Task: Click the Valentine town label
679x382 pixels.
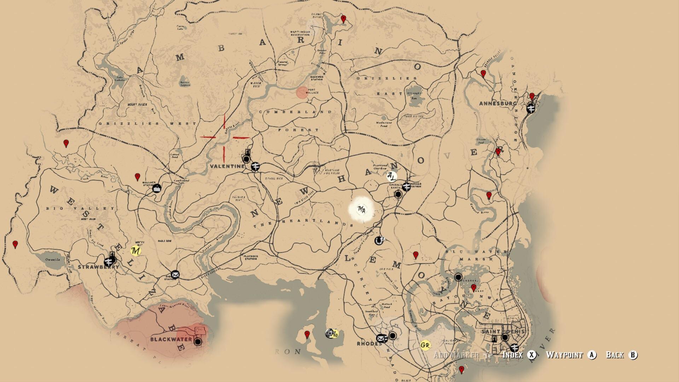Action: [x=227, y=166]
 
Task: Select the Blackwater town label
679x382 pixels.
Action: [x=171, y=340]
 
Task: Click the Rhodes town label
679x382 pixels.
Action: [x=369, y=344]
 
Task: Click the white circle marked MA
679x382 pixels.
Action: [x=361, y=210]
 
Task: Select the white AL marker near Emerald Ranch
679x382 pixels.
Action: [x=391, y=176]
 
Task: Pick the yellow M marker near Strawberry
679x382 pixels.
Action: [x=135, y=251]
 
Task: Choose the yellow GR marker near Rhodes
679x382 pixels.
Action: [x=425, y=345]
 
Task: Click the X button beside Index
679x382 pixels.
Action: [x=532, y=355]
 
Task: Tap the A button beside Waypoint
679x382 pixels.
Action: [x=592, y=355]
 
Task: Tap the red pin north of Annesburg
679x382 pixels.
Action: [x=532, y=96]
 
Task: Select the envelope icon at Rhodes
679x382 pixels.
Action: [x=381, y=338]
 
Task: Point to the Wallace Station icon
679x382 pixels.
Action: [x=157, y=188]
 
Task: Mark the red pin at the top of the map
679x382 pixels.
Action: [x=343, y=18]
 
